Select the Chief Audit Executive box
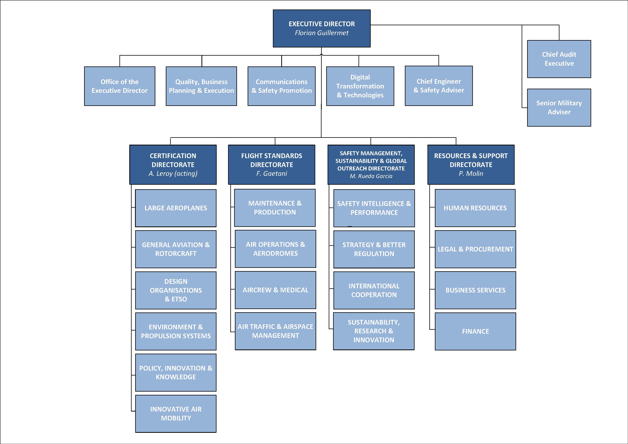[x=559, y=59]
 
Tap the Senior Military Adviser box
[x=559, y=107]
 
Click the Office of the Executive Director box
[x=119, y=86]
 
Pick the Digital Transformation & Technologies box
[x=360, y=86]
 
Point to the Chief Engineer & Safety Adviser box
[x=438, y=86]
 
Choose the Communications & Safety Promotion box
[x=281, y=86]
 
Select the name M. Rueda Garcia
[x=371, y=176]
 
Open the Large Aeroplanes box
[x=176, y=208]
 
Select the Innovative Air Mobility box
[x=176, y=414]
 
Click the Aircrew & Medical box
[x=275, y=290]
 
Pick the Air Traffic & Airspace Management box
[x=275, y=331]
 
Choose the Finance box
[x=475, y=331]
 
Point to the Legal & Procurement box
[x=475, y=249]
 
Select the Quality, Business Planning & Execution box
[x=201, y=86]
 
